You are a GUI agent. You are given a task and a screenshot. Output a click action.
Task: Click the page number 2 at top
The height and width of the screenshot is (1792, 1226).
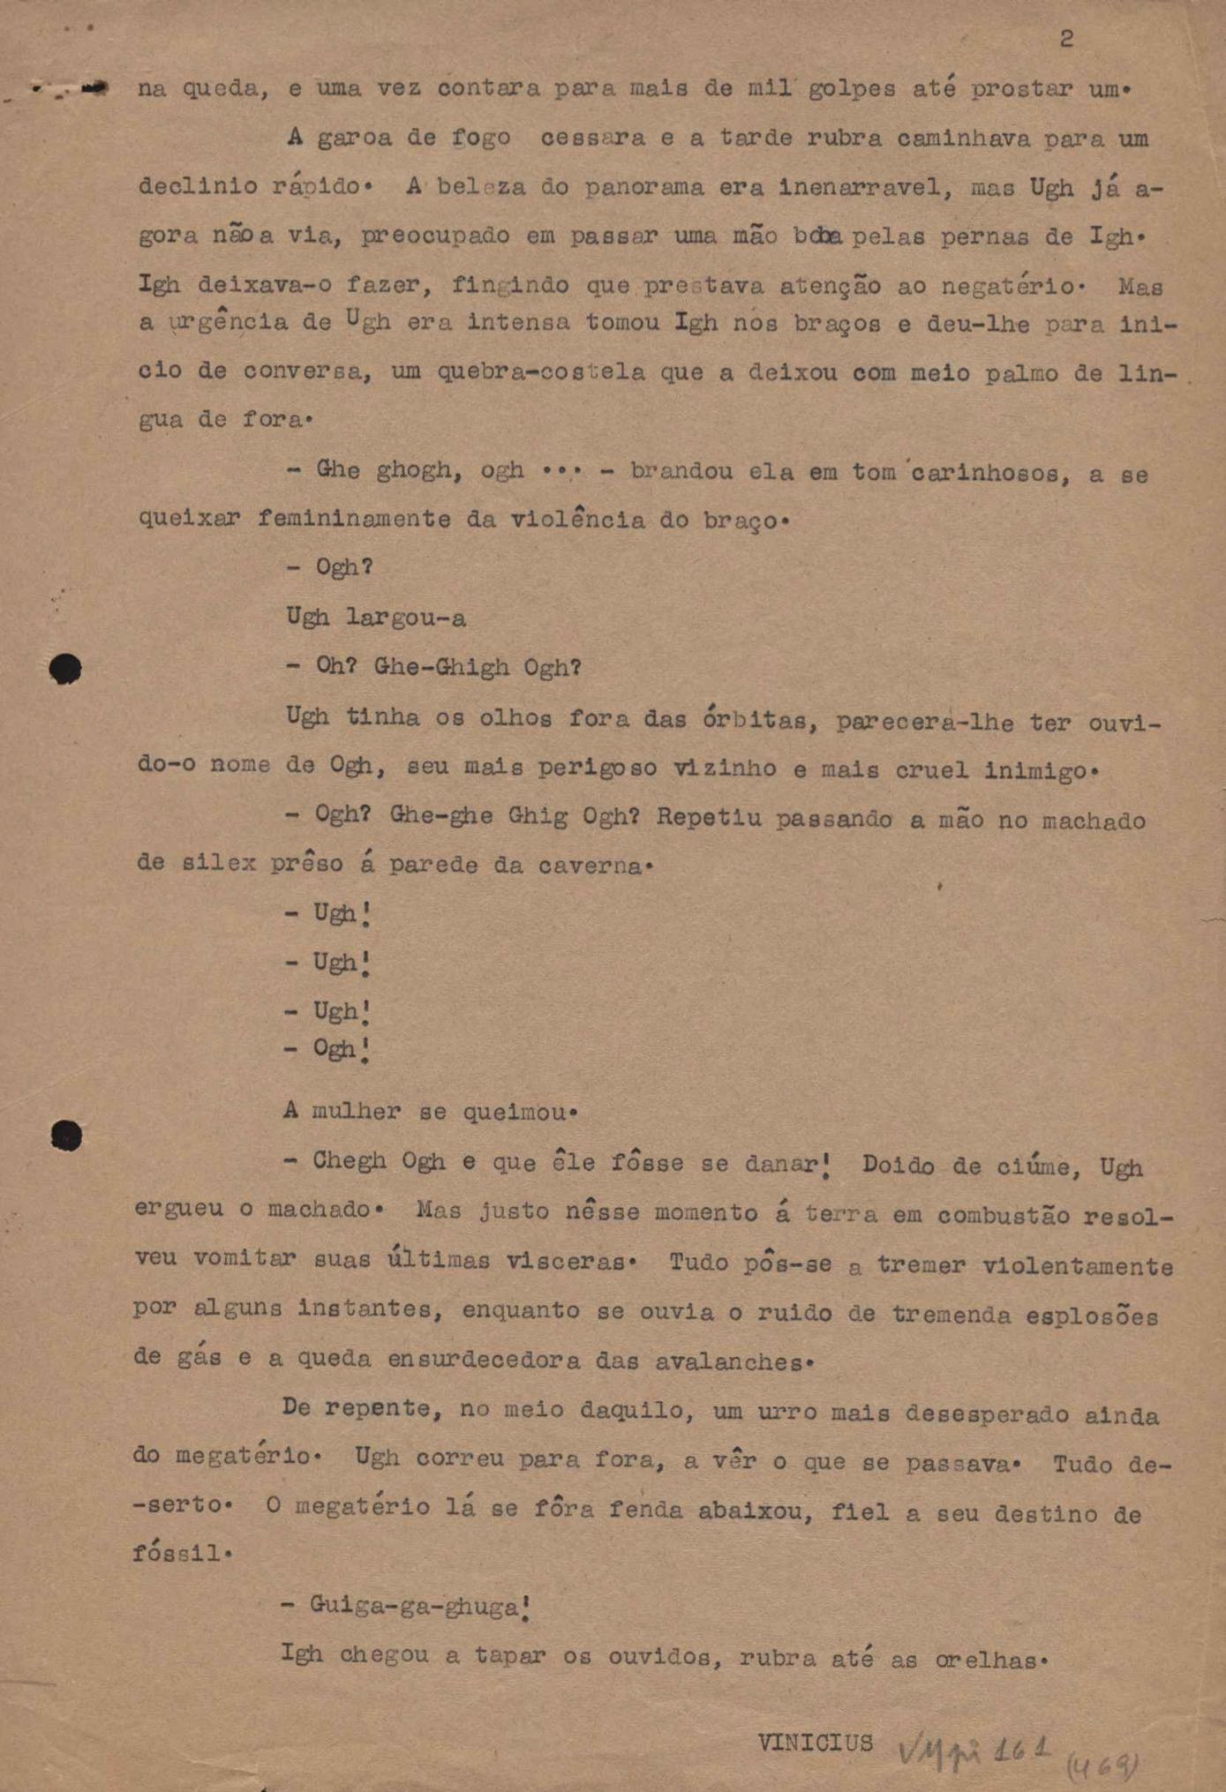click(1066, 39)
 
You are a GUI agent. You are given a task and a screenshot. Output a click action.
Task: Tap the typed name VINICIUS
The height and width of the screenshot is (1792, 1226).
click(815, 1743)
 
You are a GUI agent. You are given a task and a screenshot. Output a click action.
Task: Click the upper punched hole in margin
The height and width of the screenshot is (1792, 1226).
click(65, 669)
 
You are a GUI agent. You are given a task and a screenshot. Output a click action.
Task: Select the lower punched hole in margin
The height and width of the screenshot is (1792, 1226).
click(66, 1136)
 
